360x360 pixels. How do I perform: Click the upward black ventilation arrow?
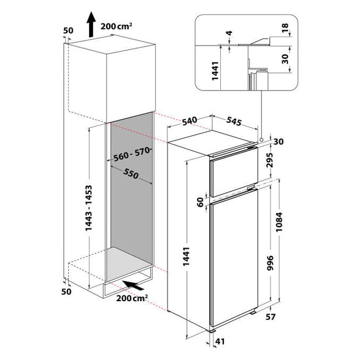pyautogui.click(x=91, y=24)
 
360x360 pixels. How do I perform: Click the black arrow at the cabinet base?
pyautogui.click(x=133, y=285)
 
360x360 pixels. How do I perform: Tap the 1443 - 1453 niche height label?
pyautogui.click(x=88, y=208)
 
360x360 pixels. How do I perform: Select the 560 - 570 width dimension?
pyautogui.click(x=132, y=154)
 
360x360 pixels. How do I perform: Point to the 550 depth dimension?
pyautogui.click(x=131, y=173)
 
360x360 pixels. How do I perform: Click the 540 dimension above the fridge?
pyautogui.click(x=190, y=121)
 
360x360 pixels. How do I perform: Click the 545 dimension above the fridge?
pyautogui.click(x=234, y=121)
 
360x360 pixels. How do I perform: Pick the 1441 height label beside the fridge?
pyautogui.click(x=186, y=256)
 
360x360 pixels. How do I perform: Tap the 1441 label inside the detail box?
pyautogui.click(x=215, y=71)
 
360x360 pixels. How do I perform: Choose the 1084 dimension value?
pyautogui.click(x=279, y=222)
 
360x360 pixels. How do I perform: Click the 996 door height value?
pyautogui.click(x=271, y=263)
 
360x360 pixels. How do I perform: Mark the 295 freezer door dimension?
pyautogui.click(x=270, y=160)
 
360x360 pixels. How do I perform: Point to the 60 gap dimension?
pyautogui.click(x=201, y=202)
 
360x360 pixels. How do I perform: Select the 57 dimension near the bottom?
pyautogui.click(x=270, y=317)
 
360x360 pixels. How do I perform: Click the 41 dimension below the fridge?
pyautogui.click(x=220, y=341)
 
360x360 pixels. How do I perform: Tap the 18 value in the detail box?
pyautogui.click(x=285, y=28)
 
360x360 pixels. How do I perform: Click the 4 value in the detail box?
pyautogui.click(x=229, y=33)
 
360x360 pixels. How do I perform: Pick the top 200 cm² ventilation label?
pyautogui.click(x=116, y=26)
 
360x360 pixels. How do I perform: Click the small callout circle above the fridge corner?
pyautogui.click(x=262, y=139)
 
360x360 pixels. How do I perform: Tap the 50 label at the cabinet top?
pyautogui.click(x=68, y=30)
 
